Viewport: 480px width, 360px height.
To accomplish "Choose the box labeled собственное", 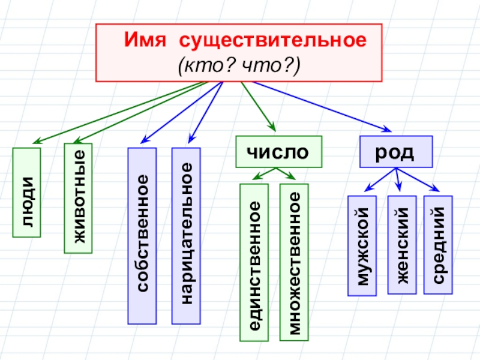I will tap(142, 235).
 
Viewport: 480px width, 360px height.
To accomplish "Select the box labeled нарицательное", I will tap(186, 235).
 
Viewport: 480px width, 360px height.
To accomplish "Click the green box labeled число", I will tap(278, 152).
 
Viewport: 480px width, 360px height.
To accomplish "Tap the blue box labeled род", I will tap(396, 151).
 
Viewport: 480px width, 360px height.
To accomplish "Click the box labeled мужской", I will tap(362, 245).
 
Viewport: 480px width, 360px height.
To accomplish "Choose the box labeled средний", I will tap(438, 245).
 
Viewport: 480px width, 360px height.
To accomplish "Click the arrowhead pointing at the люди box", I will tap(36, 142).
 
